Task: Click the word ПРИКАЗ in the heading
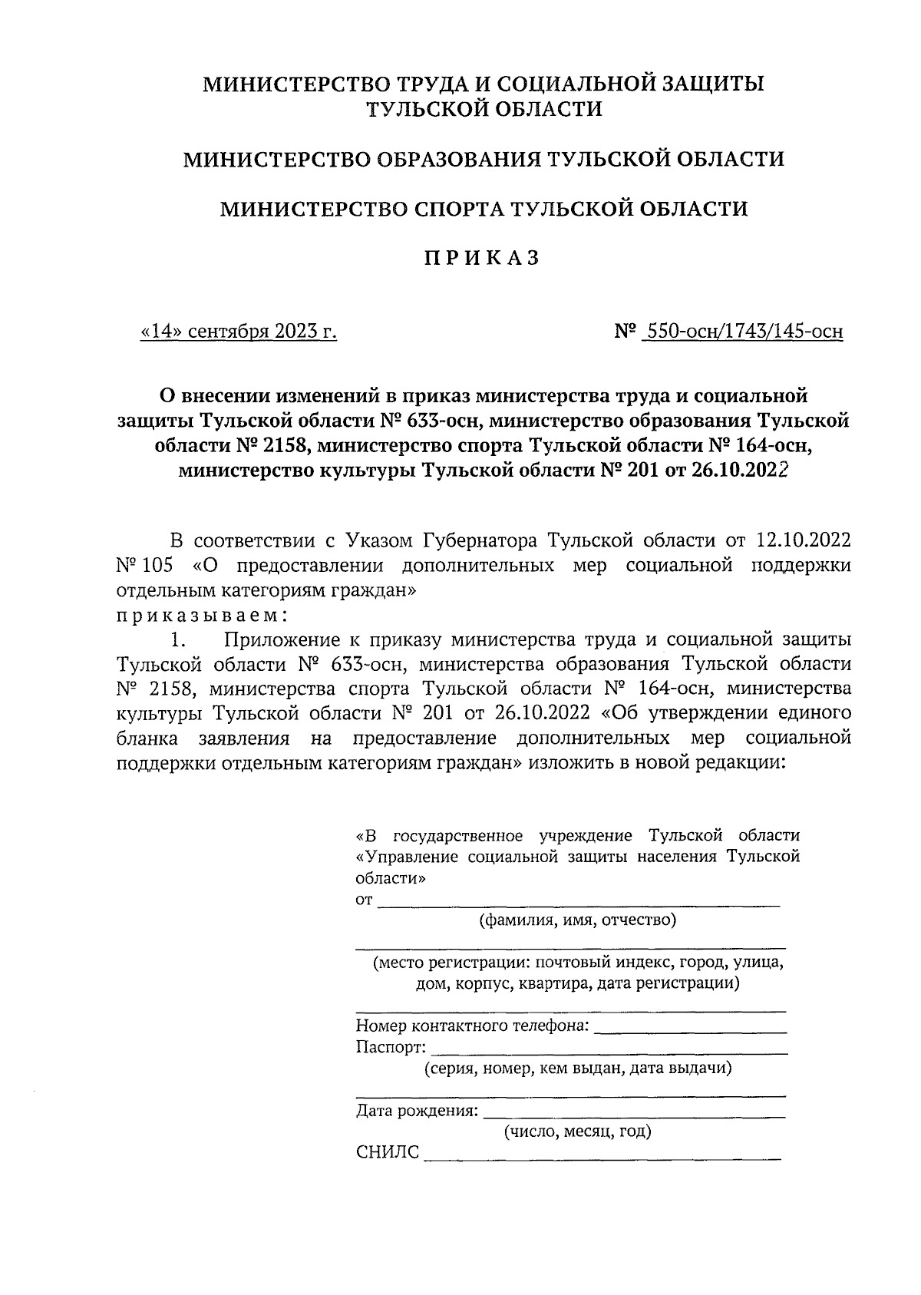tap(483, 259)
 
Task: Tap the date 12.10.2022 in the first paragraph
tap(803, 540)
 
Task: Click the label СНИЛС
tap(388, 1153)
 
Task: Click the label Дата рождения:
tap(417, 1111)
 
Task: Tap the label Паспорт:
tap(389, 1047)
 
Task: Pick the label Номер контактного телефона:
tap(473, 1026)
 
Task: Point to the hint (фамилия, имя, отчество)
tap(577, 920)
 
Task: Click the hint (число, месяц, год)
tap(577, 1131)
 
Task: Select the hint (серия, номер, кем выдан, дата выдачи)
tap(577, 1068)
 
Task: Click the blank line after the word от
tap(579, 904)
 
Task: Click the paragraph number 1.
tap(178, 639)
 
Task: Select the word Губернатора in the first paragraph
tap(479, 540)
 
